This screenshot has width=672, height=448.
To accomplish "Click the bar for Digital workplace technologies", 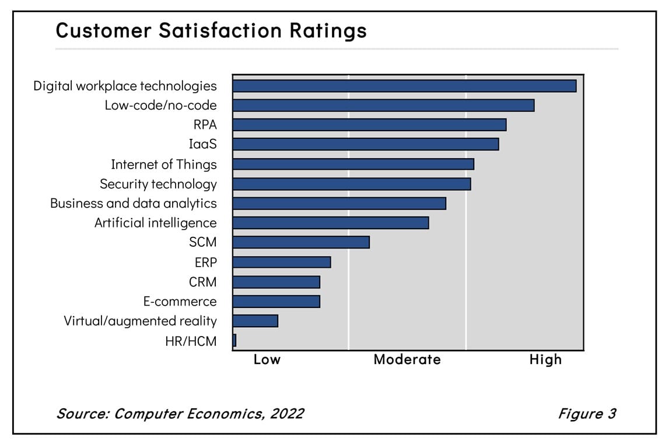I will point(404,86).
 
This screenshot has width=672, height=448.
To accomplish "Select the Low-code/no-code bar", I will point(383,105).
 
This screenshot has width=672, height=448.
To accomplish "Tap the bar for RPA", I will point(369,125).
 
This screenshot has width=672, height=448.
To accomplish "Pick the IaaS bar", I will point(365,144).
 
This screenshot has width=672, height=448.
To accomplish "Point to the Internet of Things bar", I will point(353,164).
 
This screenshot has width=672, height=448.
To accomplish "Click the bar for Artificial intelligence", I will point(330,223).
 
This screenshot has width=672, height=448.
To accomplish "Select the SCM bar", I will point(300,242).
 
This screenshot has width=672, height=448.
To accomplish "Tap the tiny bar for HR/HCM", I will point(234,340).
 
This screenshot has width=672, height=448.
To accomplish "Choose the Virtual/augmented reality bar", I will point(255,321).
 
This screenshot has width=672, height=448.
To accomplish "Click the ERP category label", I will point(205,262).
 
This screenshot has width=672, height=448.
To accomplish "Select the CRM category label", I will point(202,282).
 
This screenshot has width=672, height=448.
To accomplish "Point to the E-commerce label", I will point(180,302).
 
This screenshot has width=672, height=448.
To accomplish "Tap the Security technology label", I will point(158,184).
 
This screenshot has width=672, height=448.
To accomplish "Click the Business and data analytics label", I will point(133,203).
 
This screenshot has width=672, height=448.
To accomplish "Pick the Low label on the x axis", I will point(267,359).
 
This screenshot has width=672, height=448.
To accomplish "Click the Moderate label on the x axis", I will point(407,359).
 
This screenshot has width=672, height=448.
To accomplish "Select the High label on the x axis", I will point(545,359).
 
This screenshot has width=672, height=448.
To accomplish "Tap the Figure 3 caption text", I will point(586,414).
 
